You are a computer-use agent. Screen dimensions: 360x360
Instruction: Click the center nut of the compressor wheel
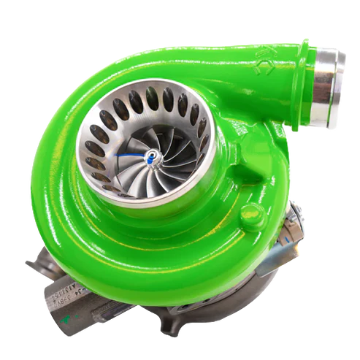(x=150, y=156)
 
